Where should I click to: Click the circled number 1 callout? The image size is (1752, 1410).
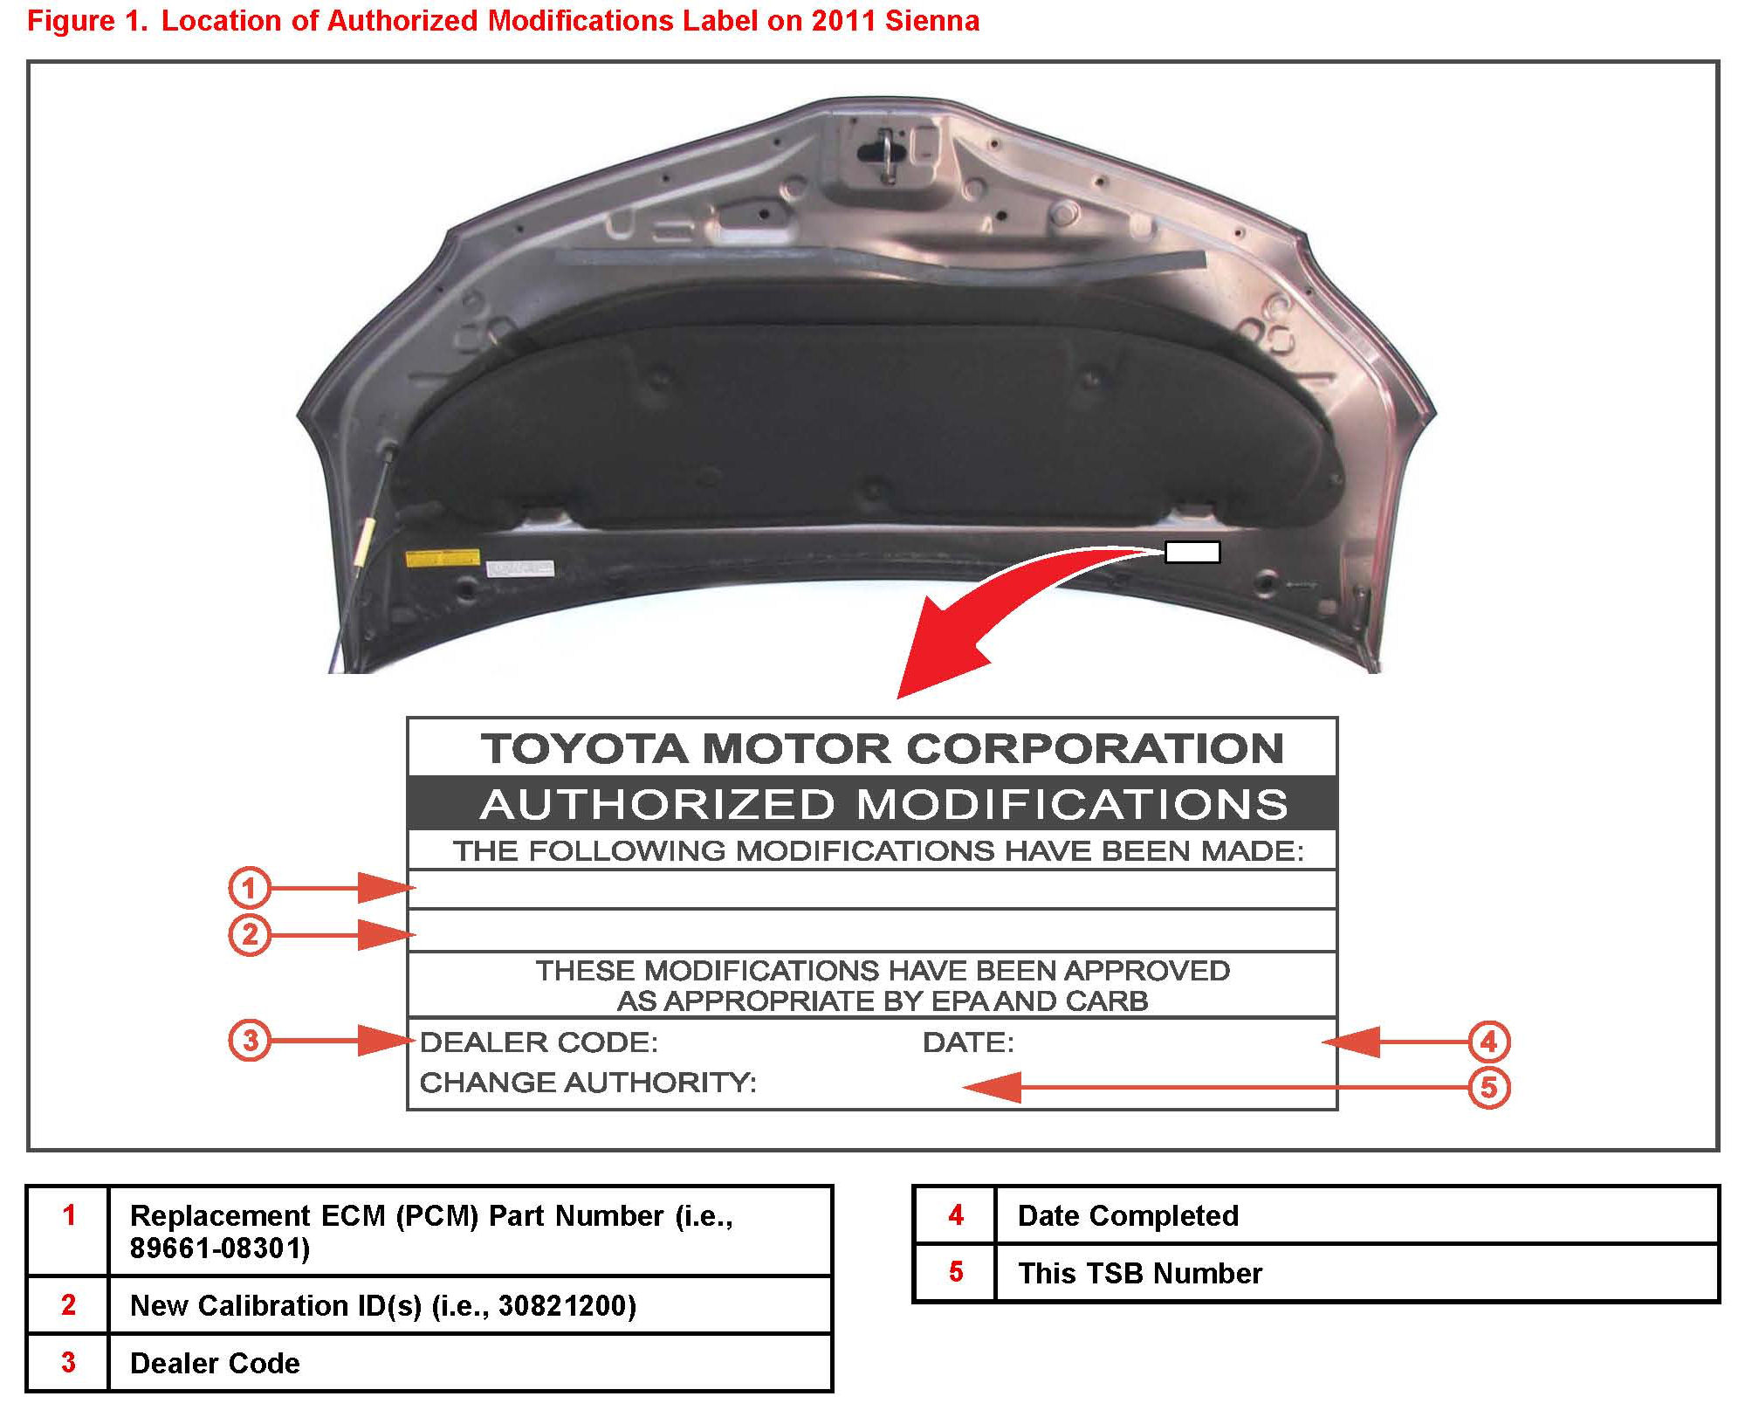pyautogui.click(x=249, y=889)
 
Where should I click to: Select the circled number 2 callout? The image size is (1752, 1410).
pyautogui.click(x=249, y=935)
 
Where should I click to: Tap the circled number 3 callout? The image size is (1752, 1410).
pyautogui.click(x=250, y=1041)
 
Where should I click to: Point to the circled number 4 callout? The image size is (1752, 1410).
pyautogui.click(x=1488, y=1042)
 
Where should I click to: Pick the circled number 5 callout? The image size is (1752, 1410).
pyautogui.click(x=1488, y=1088)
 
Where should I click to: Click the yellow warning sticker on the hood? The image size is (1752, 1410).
pyautogui.click(x=443, y=558)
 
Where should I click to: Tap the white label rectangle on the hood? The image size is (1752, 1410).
pyautogui.click(x=1192, y=552)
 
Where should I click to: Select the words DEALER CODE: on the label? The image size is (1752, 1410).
pyautogui.click(x=539, y=1042)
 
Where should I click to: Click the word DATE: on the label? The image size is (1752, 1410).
pyautogui.click(x=968, y=1042)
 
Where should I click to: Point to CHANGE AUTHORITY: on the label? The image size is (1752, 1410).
pyautogui.click(x=587, y=1083)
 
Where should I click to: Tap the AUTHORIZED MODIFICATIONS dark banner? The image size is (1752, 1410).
pyautogui.click(x=883, y=804)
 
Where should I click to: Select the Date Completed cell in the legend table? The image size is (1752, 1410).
pyautogui.click(x=1128, y=1215)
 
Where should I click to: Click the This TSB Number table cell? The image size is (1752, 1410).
pyautogui.click(x=1139, y=1273)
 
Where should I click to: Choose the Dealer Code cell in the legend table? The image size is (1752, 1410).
pyautogui.click(x=215, y=1363)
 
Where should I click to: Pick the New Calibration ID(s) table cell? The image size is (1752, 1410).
pyautogui.click(x=383, y=1305)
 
